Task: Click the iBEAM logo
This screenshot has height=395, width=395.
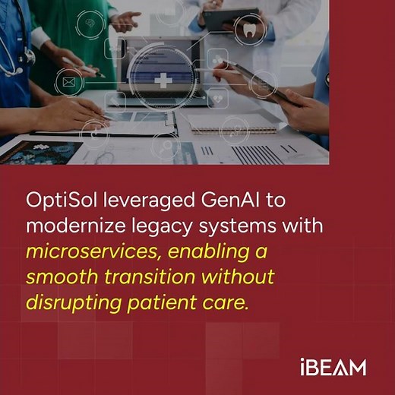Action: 332,368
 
